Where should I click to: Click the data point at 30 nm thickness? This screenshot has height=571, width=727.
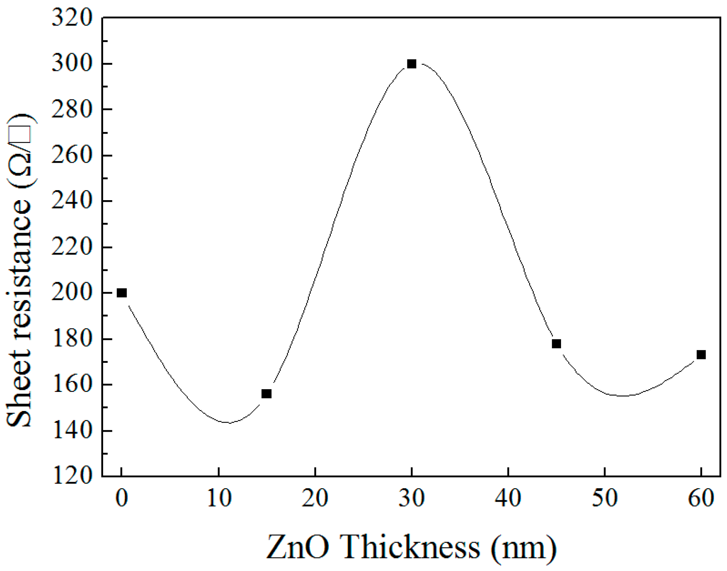click(412, 64)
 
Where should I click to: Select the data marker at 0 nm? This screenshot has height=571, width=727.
click(121, 293)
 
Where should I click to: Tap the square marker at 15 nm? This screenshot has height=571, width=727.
click(266, 394)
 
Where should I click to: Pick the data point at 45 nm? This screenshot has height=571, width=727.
click(556, 344)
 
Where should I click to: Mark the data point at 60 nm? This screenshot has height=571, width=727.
click(701, 355)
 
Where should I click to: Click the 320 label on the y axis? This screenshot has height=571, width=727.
click(72, 18)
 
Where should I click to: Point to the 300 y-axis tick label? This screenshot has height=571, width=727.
click(72, 64)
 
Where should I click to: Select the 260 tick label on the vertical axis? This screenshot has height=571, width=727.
click(72, 155)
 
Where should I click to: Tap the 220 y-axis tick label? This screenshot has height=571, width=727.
click(72, 247)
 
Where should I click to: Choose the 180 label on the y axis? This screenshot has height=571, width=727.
click(72, 339)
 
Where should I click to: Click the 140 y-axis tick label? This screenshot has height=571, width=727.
click(72, 431)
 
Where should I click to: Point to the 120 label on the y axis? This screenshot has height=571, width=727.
click(72, 476)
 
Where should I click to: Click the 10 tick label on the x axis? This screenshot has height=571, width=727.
click(219, 499)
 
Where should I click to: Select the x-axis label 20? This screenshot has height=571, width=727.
click(315, 499)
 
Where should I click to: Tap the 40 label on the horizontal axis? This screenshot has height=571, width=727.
click(508, 499)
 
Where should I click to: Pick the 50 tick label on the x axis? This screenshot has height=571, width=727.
click(605, 499)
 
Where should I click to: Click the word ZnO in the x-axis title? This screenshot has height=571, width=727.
click(297, 547)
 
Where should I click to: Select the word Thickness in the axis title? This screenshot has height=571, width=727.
click(410, 547)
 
